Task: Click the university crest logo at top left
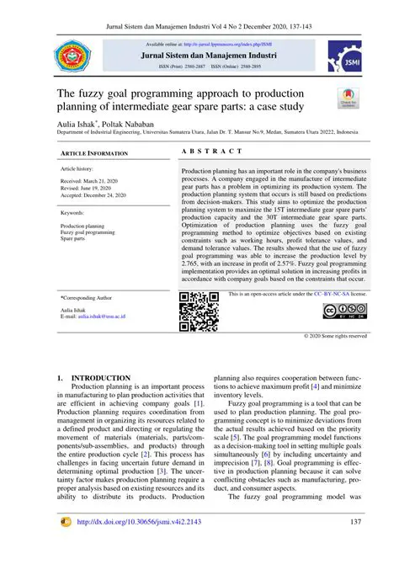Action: pyautogui.click(x=73, y=56)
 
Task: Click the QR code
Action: pyautogui.click(x=199, y=311)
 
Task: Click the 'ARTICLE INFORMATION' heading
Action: pyautogui.click(x=93, y=154)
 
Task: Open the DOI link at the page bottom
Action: pyautogui.click(x=140, y=545)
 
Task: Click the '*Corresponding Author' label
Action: pyautogui.click(x=86, y=298)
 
